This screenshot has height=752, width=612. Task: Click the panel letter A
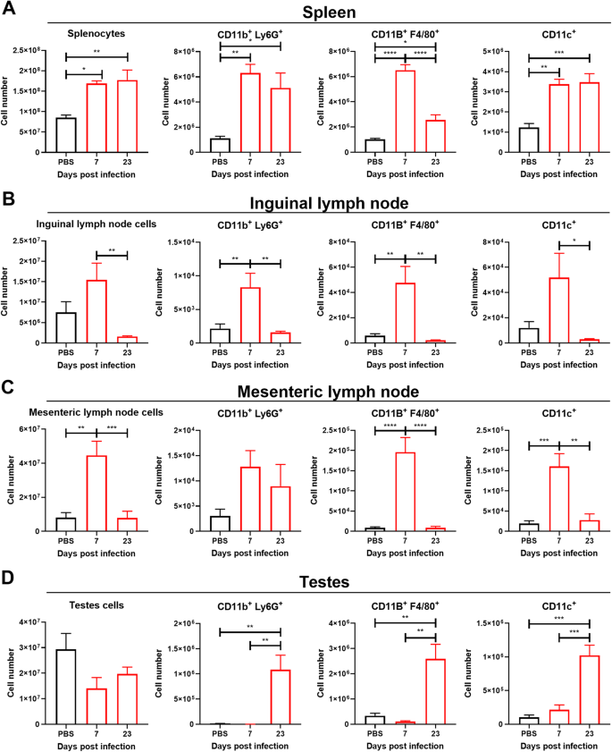(11, 12)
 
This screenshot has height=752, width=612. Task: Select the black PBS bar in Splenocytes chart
(66, 134)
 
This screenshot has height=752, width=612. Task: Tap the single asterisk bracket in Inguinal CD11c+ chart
(574, 244)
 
